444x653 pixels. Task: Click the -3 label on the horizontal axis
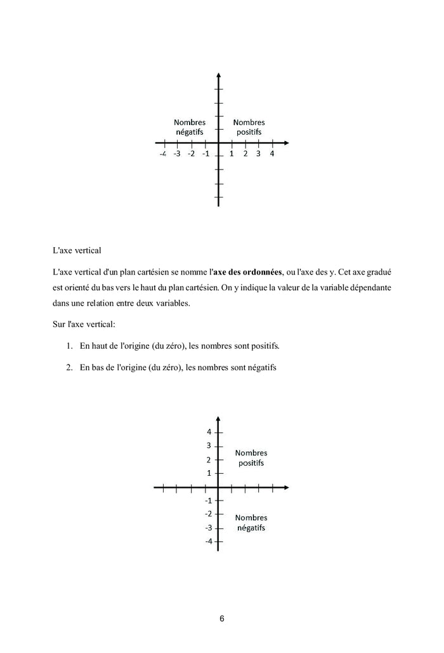pos(177,154)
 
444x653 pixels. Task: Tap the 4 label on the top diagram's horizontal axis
pos(272,154)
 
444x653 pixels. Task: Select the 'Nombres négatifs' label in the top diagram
pos(190,127)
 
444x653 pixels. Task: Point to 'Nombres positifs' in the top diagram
pos(249,127)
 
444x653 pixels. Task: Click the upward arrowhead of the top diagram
pos(218,76)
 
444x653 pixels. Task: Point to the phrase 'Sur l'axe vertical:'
pos(84,325)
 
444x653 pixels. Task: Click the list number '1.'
pos(69,346)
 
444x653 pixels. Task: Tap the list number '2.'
pos(69,367)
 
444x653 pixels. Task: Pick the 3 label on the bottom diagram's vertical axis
pos(208,445)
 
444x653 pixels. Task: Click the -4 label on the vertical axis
pos(207,541)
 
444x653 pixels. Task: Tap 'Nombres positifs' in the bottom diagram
pos(251,458)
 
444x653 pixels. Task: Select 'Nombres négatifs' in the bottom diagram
pos(251,523)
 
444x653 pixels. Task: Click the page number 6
pos(221,619)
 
